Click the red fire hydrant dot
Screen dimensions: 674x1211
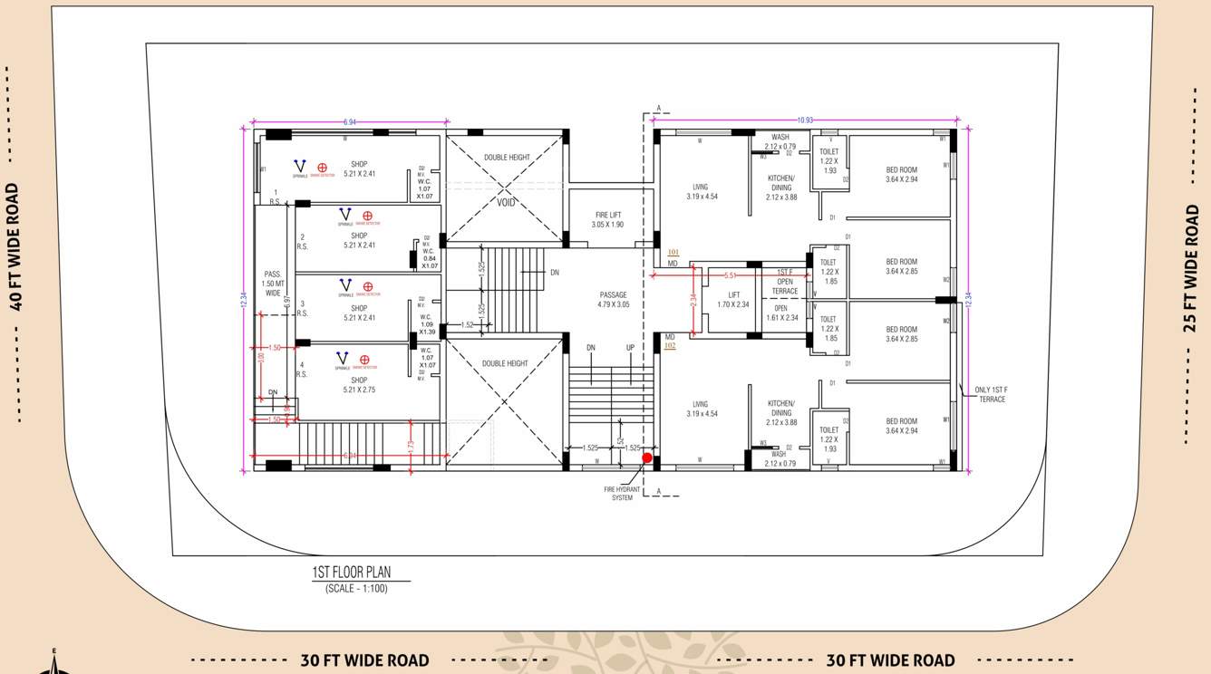[647, 458]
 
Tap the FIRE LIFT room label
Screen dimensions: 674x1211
[607, 219]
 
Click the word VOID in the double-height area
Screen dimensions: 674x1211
[506, 203]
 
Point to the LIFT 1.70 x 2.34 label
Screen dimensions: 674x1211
[733, 300]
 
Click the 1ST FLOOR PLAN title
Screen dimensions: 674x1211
[352, 573]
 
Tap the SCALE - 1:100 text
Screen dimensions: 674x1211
[356, 589]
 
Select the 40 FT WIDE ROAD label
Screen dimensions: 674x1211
[13, 246]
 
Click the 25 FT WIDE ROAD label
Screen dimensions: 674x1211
[1192, 268]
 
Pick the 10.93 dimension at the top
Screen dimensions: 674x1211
[804, 120]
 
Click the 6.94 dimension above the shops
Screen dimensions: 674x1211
[349, 121]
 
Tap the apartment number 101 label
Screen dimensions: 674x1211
[673, 253]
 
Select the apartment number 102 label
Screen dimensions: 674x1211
[670, 345]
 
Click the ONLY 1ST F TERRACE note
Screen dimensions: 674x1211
[992, 394]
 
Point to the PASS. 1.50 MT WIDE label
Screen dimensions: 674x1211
[273, 284]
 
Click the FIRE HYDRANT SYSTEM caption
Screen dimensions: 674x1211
[622, 494]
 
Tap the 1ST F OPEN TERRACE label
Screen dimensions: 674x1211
[785, 282]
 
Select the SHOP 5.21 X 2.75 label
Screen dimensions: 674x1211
[359, 385]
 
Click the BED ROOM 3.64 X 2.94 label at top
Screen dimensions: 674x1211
[901, 175]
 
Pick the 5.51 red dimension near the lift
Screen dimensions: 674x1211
[730, 275]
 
